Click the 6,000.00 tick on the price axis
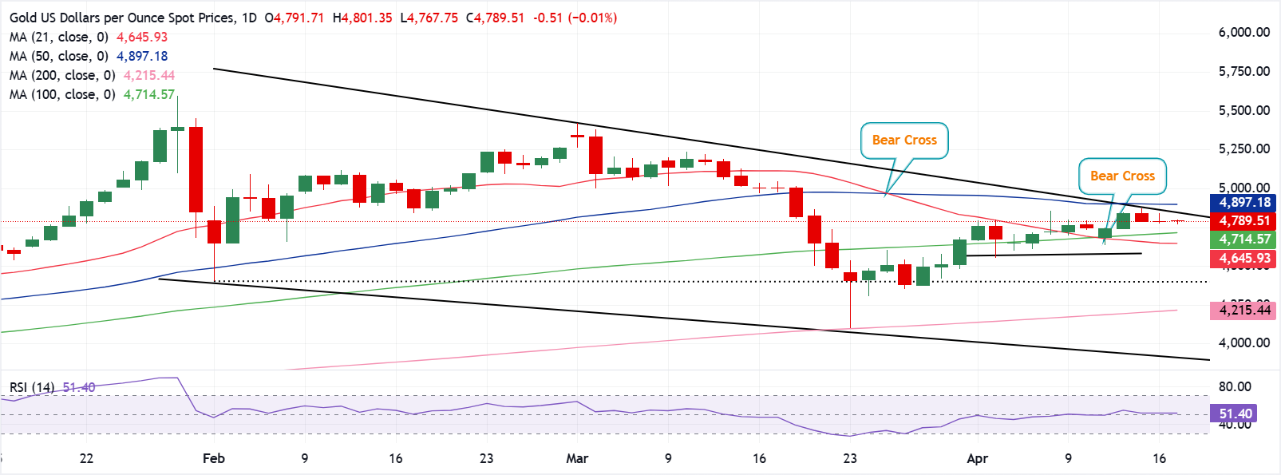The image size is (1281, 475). click(x=1243, y=33)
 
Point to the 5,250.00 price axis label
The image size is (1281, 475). click(x=1243, y=148)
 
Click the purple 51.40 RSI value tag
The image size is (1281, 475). click(x=1235, y=414)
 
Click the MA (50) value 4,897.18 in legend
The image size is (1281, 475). click(x=142, y=56)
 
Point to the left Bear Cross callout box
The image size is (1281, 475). click(x=904, y=141)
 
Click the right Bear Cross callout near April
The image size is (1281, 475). click(x=1122, y=176)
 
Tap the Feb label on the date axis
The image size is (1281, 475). click(x=214, y=458)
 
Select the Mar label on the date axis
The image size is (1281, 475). click(x=577, y=458)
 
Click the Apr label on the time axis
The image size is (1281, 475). click(x=977, y=458)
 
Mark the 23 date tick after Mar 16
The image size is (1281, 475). click(x=850, y=458)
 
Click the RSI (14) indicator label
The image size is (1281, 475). click(x=32, y=388)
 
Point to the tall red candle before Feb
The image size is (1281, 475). click(x=196, y=169)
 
